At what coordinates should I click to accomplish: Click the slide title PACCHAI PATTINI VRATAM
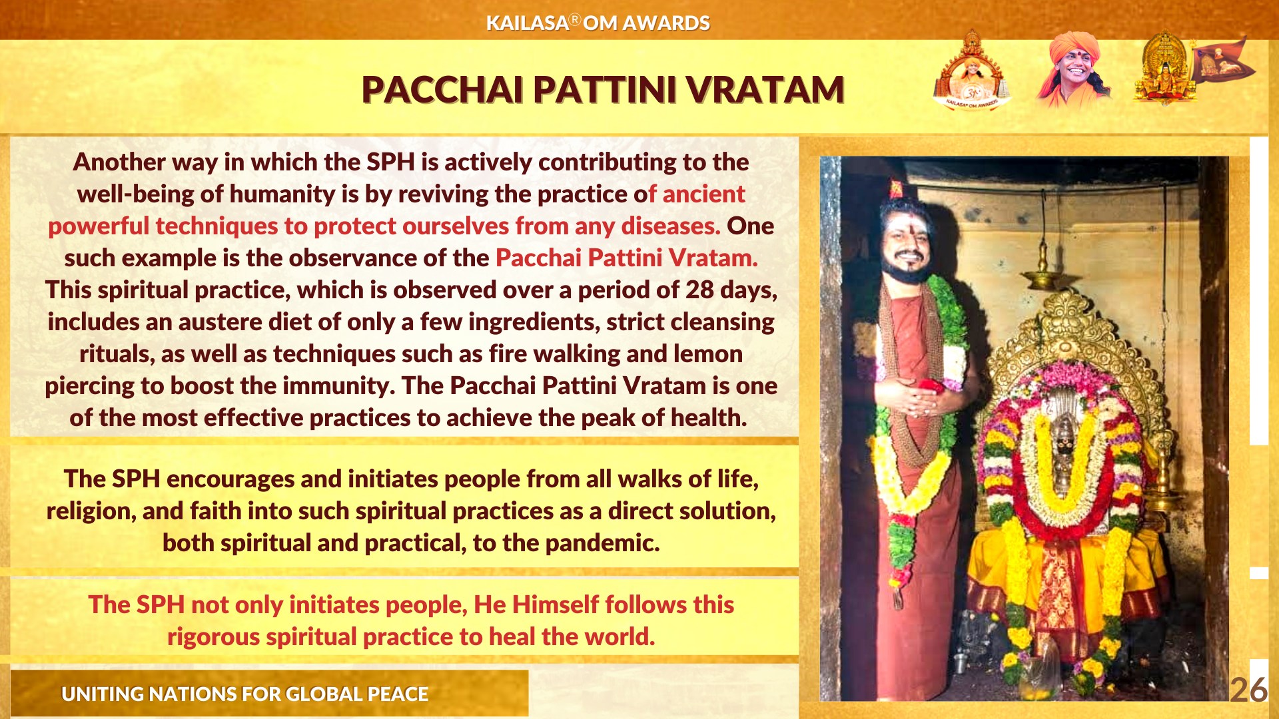[x=603, y=90]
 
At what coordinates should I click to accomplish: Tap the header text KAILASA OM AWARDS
[x=598, y=23]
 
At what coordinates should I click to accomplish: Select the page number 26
[x=1248, y=690]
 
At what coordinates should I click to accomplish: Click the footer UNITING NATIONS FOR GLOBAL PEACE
[x=244, y=694]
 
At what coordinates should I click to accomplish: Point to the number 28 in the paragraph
[x=699, y=290]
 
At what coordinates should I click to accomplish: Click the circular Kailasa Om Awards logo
[x=972, y=71]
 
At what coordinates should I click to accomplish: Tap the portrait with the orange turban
[x=1074, y=69]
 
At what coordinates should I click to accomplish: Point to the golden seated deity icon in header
[x=1164, y=69]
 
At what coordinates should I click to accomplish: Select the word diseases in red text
[x=671, y=226]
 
